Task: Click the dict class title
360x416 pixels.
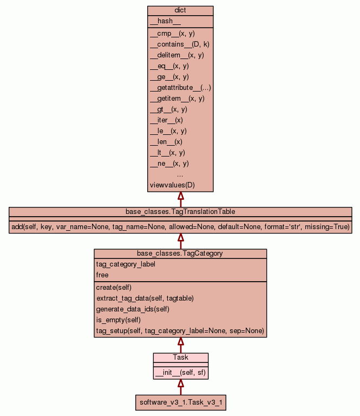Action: pyautogui.click(x=180, y=11)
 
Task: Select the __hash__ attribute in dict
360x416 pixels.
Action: pyautogui.click(x=161, y=21)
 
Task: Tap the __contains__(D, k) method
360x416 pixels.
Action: pyautogui.click(x=179, y=44)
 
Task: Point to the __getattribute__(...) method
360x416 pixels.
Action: pyautogui.click(x=180, y=88)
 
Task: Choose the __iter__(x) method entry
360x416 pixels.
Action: pyautogui.click(x=166, y=120)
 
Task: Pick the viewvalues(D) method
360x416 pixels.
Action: pyautogui.click(x=172, y=185)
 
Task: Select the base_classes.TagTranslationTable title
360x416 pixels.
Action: pyautogui.click(x=180, y=211)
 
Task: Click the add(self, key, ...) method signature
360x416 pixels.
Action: pyautogui.click(x=180, y=227)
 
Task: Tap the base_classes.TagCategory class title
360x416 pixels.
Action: pyautogui.click(x=180, y=253)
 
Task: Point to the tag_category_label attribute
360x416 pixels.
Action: pyautogui.click(x=126, y=264)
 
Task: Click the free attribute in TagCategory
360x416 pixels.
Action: pyautogui.click(x=102, y=275)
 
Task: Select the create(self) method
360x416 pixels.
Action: pyautogui.click(x=114, y=288)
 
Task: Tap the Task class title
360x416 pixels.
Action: pyautogui.click(x=180, y=357)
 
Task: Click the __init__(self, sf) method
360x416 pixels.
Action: pyautogui.click(x=180, y=373)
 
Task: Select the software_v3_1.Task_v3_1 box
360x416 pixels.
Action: pyautogui.click(x=180, y=402)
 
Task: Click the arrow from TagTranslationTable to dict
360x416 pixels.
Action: pyautogui.click(x=180, y=199)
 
